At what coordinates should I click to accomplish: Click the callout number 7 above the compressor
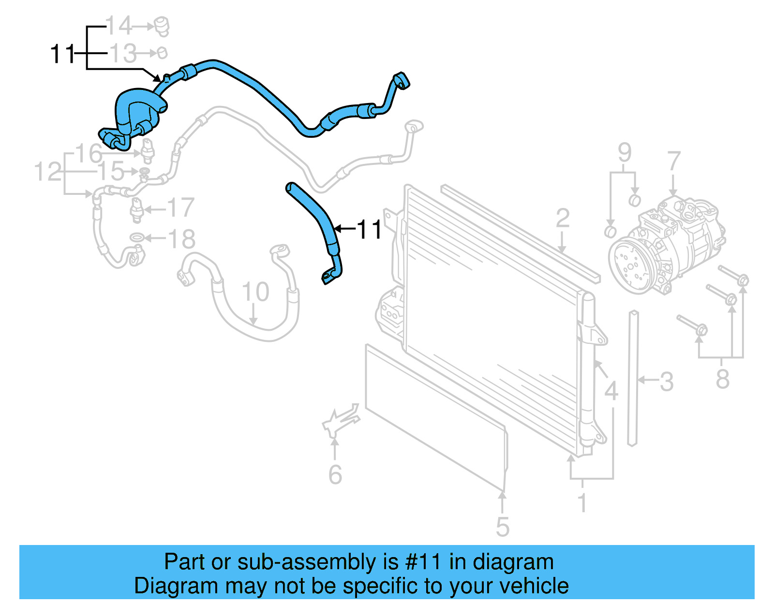[674, 161]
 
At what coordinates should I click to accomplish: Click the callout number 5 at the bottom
[503, 527]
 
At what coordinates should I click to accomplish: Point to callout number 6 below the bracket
[335, 474]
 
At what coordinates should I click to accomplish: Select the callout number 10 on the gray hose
[255, 292]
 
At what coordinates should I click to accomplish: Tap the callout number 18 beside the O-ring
[181, 238]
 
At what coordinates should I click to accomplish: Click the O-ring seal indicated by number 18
[137, 237]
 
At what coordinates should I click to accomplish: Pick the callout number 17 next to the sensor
[180, 208]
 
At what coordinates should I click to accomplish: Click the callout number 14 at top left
[119, 26]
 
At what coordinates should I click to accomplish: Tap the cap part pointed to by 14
[162, 26]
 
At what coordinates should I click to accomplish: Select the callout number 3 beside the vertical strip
[667, 382]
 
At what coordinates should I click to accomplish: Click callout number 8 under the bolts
[722, 379]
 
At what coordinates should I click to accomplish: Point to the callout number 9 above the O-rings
[625, 153]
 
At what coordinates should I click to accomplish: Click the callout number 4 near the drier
[611, 391]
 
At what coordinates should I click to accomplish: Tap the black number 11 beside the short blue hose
[370, 229]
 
